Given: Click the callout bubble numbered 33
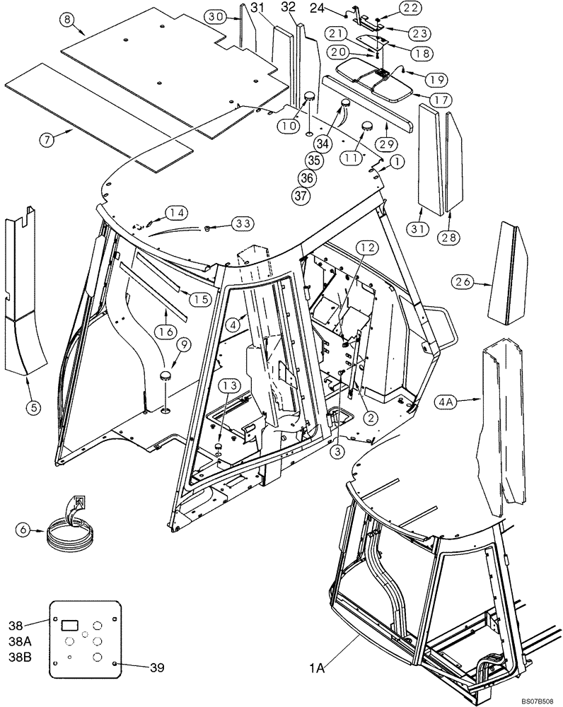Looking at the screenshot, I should (x=242, y=223).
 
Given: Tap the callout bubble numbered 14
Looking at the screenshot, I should (x=178, y=212).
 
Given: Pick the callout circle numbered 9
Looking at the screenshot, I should (x=183, y=344).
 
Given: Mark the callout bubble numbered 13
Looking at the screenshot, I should (x=228, y=385).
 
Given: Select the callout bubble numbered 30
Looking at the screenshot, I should (x=216, y=15).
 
